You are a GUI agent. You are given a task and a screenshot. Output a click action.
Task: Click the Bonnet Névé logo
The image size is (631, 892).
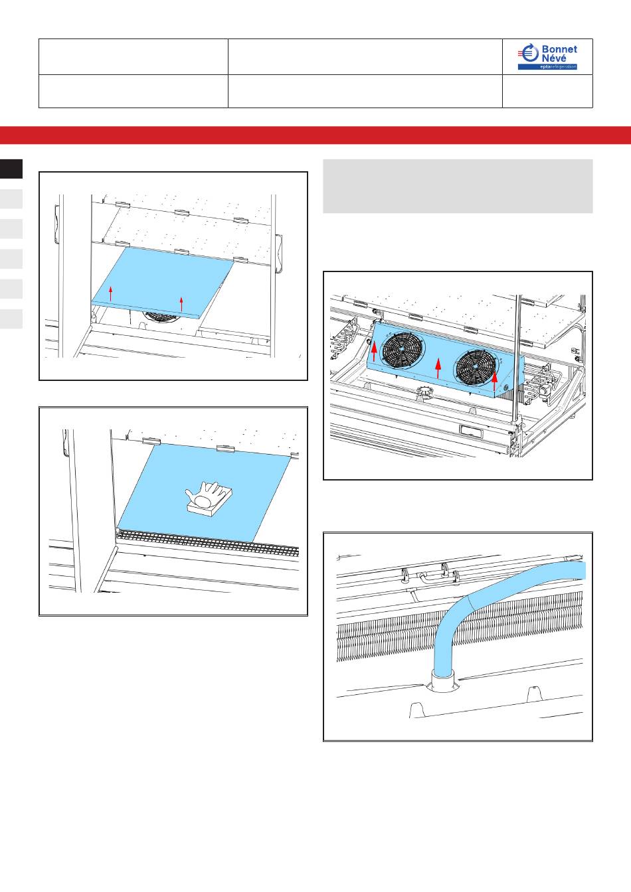coord(548,56)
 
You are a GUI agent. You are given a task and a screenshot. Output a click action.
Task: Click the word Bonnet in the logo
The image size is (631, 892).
coord(559,49)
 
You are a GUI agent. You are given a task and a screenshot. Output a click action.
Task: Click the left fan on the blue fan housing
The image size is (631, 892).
coord(402,349)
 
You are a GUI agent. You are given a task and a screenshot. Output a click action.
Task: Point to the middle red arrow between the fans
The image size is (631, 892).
coord(438,368)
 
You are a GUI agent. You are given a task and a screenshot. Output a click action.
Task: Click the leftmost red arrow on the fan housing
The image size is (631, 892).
coord(374,351)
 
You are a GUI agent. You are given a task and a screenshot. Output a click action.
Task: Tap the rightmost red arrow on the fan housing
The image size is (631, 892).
coord(495,381)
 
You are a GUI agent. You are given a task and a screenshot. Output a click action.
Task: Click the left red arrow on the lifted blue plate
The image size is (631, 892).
coord(111,293)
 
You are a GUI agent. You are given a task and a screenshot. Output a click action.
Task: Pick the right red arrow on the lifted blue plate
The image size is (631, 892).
coord(181,304)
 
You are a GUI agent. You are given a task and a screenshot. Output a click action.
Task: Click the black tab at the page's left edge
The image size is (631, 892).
coord(11,169)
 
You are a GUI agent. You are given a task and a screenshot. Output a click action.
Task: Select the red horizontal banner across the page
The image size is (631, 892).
coord(315,135)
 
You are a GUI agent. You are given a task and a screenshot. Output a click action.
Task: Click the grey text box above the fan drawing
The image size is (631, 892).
coord(458,186)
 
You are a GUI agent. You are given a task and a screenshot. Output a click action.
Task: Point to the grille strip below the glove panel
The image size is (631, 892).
coord(209,542)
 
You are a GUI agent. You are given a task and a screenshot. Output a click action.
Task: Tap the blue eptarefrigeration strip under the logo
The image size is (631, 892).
coord(548,67)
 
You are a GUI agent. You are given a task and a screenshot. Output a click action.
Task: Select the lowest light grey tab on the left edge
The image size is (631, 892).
coord(11,319)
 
